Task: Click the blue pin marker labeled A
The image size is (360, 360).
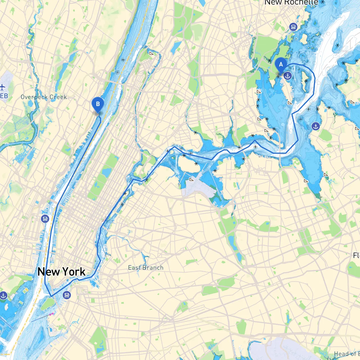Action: tap(281, 65)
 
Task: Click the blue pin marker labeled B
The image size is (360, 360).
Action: tap(98, 104)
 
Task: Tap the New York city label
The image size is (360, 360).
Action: tap(61, 272)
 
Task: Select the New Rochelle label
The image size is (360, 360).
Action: tap(291, 3)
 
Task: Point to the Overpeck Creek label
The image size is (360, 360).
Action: tap(44, 97)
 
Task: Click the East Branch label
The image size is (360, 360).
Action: tap(145, 267)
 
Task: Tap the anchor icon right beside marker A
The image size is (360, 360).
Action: tap(287, 76)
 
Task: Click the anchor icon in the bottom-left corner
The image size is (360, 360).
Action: tap(3, 296)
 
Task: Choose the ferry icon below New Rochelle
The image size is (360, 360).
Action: tap(293, 27)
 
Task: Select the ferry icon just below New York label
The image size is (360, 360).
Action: tap(67, 295)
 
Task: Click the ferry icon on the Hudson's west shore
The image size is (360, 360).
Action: tap(45, 219)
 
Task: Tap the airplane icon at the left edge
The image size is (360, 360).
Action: tap(3, 87)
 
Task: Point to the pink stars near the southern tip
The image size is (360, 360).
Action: tap(51, 314)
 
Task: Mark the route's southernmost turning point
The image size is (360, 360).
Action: tap(51, 296)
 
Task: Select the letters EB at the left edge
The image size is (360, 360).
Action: tap(4, 96)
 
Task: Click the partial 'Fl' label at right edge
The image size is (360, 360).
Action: tap(356, 255)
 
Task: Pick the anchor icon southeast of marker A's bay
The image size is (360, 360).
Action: tap(316, 126)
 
